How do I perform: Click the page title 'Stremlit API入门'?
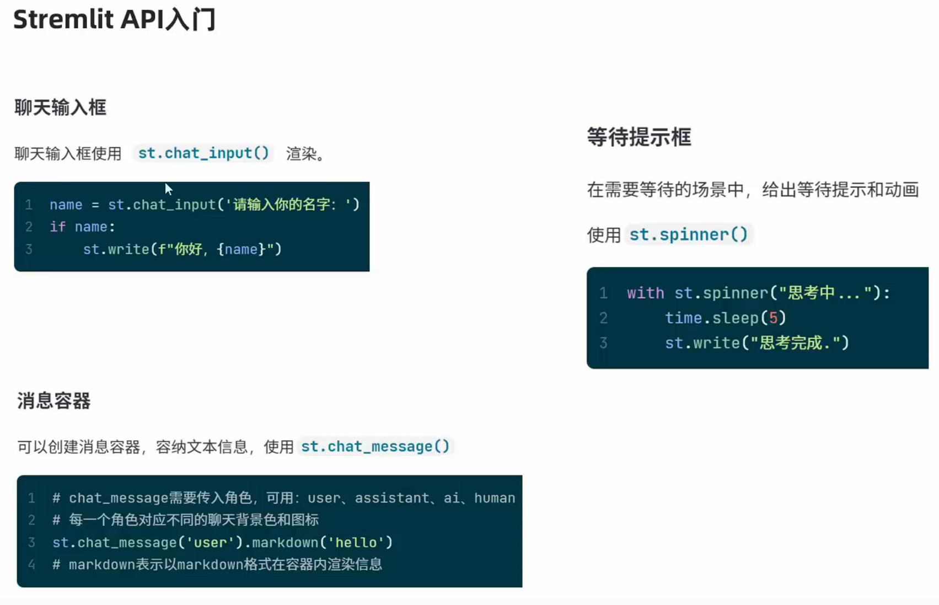[x=114, y=20]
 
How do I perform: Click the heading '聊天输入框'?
[x=60, y=108]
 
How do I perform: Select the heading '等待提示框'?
[x=638, y=137]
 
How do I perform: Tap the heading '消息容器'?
[x=53, y=401]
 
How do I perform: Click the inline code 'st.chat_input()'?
[x=203, y=153]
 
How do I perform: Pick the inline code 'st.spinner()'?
[x=688, y=235]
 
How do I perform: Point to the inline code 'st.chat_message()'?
[x=375, y=446]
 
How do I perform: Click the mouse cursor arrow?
[x=168, y=189]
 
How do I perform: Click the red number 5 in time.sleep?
[x=773, y=318]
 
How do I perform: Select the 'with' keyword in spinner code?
[x=645, y=293]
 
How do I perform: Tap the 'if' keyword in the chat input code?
[x=57, y=227]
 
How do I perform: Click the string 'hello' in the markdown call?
[x=356, y=543]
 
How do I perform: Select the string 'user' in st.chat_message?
[x=210, y=543]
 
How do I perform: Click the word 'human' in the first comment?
[x=494, y=498]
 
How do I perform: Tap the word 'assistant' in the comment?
[x=391, y=498]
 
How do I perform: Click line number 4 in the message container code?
[x=31, y=565]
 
